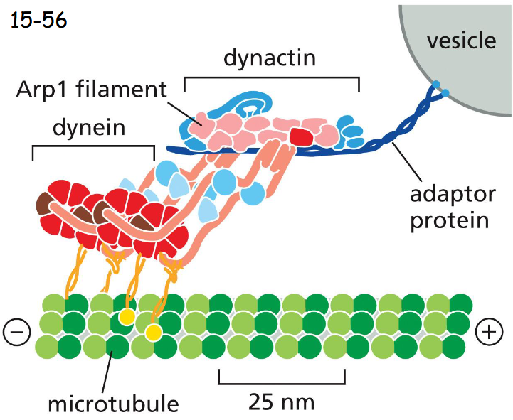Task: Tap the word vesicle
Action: click(461, 41)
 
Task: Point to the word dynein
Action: click(90, 129)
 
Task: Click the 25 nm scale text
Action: click(281, 402)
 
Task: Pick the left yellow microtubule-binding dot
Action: click(127, 316)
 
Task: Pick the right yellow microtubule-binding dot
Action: click(152, 332)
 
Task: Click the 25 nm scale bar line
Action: click(281, 382)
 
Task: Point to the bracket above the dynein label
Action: click(93, 148)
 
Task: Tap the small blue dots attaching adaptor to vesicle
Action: click(440, 90)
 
